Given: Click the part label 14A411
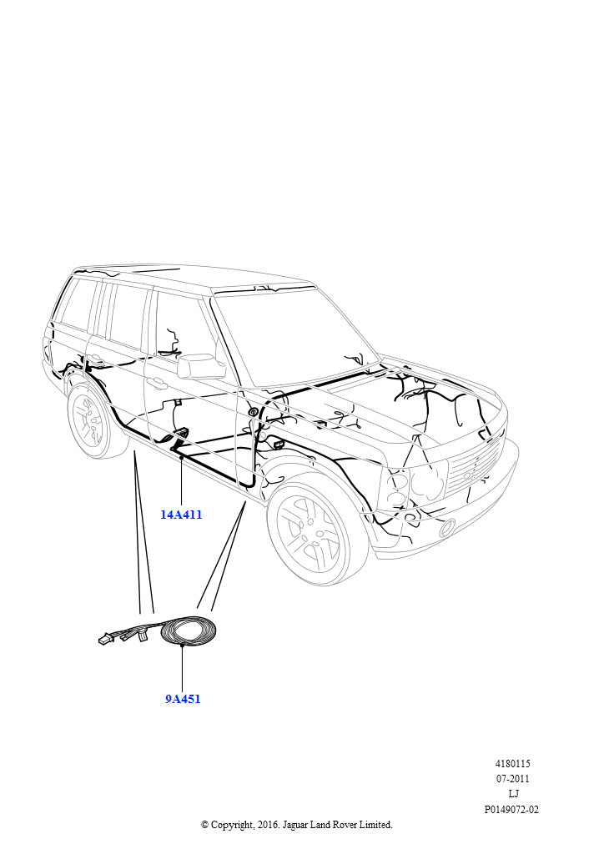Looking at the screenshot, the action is [x=181, y=514].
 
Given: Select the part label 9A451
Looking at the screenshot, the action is [x=183, y=699].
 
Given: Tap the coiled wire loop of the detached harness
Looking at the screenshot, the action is [x=189, y=631].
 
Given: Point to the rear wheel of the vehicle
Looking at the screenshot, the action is [x=93, y=420].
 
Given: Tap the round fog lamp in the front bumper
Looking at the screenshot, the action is [x=448, y=526].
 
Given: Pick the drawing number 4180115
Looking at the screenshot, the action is [x=512, y=764].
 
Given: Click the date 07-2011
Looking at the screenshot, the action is [x=512, y=779].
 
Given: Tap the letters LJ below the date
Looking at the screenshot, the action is [x=513, y=794].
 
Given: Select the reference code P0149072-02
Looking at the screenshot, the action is [x=511, y=810].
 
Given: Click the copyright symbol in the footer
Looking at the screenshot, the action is [x=204, y=825].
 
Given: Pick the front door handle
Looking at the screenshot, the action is [x=158, y=384].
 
